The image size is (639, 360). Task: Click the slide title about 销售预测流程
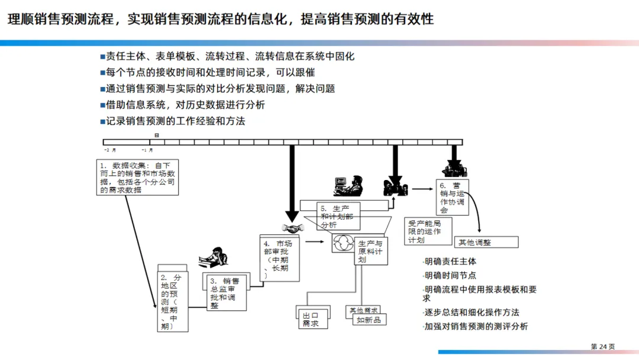pyautogui.click(x=220, y=19)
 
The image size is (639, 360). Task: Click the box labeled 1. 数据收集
pyautogui.click(x=138, y=177)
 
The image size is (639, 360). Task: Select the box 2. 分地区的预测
pyautogui.click(x=172, y=301)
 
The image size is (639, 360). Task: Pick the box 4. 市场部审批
pyautogui.click(x=279, y=259)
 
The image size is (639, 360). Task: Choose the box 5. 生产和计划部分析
pyautogui.click(x=336, y=217)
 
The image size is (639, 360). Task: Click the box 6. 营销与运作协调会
pyautogui.click(x=453, y=197)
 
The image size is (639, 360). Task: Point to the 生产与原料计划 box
pyautogui.click(x=371, y=252)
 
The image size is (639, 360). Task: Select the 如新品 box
pyautogui.click(x=369, y=320)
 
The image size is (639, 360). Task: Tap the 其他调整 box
pyautogui.click(x=486, y=242)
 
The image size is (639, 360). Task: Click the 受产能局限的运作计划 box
pyautogui.click(x=428, y=232)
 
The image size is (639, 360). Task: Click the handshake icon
pyautogui.click(x=292, y=228)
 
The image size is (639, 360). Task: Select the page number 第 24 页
pyautogui.click(x=603, y=346)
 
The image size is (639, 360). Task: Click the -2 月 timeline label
pyautogui.click(x=110, y=150)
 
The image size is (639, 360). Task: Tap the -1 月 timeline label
pyautogui.click(x=147, y=150)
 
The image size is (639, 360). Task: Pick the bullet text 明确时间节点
pyautogui.click(x=450, y=275)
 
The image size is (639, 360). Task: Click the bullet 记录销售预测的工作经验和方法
pyautogui.click(x=175, y=121)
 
